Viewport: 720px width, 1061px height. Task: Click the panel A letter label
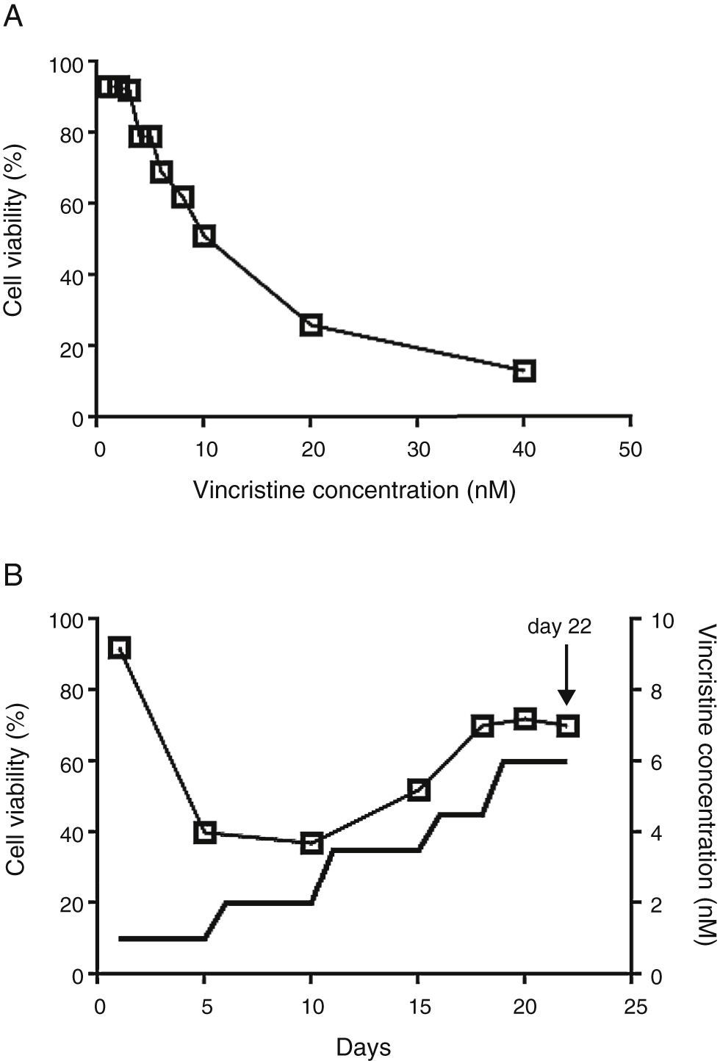tap(13, 16)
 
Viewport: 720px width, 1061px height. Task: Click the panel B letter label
tap(13, 575)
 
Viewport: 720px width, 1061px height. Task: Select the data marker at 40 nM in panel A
tap(524, 370)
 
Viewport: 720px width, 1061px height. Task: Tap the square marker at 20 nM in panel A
tap(311, 325)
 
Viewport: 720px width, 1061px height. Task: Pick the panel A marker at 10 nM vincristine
tap(204, 236)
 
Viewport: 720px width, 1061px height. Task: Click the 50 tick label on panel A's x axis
tap(630, 450)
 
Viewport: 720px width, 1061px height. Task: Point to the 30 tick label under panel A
tap(417, 450)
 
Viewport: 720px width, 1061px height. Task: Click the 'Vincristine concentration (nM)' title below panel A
tap(354, 490)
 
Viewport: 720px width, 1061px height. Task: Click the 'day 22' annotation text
tap(559, 626)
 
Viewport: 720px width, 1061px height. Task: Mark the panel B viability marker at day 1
tap(119, 647)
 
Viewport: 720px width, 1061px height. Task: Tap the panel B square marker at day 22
tap(568, 726)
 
